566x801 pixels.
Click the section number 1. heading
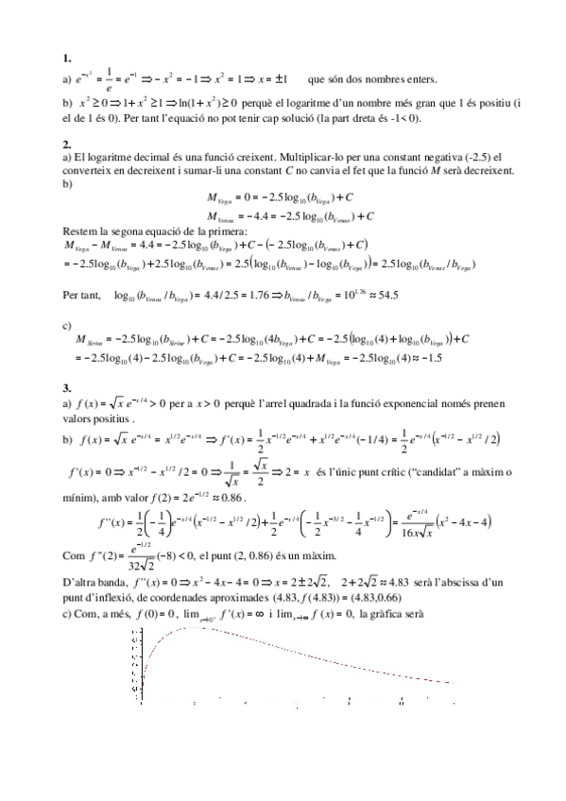coord(65,58)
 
